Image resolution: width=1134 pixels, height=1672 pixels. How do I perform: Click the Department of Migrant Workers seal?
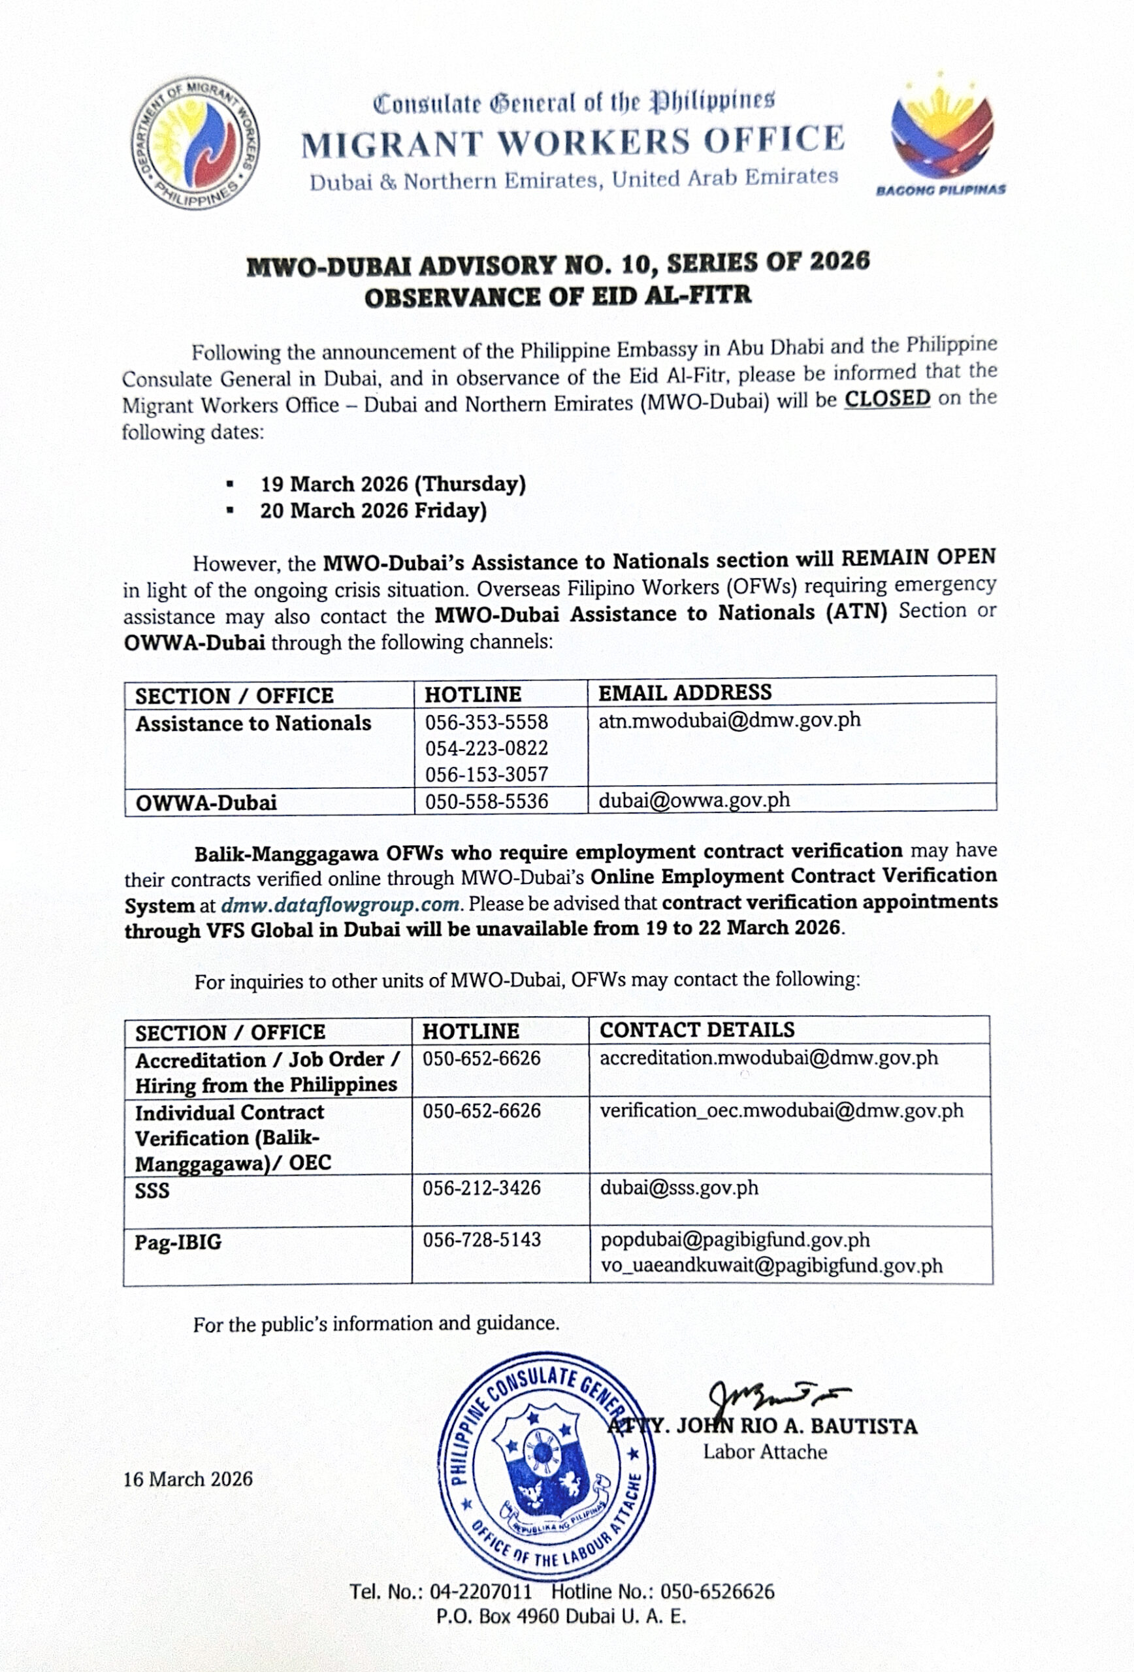click(196, 144)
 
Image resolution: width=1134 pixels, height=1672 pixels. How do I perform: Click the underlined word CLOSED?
click(886, 398)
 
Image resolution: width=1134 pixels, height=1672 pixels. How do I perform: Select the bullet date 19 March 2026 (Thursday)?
click(393, 484)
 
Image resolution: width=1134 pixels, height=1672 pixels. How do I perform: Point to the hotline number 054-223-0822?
click(487, 748)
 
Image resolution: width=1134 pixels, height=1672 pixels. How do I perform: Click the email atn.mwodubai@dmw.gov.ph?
click(730, 720)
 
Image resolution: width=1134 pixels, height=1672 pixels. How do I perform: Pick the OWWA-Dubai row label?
click(206, 802)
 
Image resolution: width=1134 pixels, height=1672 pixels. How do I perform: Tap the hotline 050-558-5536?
click(487, 801)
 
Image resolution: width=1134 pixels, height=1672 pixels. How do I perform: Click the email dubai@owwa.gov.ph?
click(694, 800)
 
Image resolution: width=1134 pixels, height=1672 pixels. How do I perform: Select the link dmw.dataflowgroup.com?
click(340, 905)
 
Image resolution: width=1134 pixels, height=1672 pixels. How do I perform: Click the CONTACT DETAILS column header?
click(697, 1030)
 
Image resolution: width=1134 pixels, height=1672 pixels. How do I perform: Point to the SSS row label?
click(153, 1191)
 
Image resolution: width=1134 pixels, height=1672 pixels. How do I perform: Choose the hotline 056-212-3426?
click(481, 1188)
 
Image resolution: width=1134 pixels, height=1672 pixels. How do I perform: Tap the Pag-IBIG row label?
click(178, 1242)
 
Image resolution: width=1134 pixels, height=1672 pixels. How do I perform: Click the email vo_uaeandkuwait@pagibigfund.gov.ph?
click(771, 1266)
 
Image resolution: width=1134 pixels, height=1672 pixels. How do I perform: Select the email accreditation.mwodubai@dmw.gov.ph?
click(768, 1058)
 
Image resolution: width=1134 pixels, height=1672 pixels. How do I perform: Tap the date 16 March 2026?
click(187, 1479)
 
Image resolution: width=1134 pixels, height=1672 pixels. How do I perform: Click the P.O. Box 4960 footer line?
click(561, 1617)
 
